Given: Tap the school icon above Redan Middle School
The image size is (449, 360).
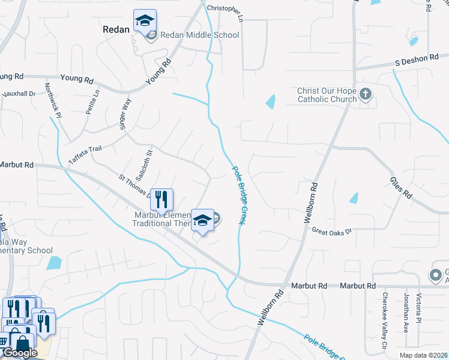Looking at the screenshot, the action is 145,22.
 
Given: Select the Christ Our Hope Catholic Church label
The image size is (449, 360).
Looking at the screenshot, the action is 327,95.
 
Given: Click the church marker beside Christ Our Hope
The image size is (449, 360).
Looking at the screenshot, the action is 366,94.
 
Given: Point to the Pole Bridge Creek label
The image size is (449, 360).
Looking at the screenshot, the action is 238,196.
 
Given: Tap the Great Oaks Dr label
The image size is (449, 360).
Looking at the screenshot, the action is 331,231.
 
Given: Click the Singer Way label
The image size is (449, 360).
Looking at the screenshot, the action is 124,112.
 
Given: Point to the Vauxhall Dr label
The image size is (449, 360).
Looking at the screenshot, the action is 19,94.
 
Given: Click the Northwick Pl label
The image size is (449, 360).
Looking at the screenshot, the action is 53,98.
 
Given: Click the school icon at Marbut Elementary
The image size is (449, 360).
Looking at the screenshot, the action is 203,220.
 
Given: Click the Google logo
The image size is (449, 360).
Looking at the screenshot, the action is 19,353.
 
